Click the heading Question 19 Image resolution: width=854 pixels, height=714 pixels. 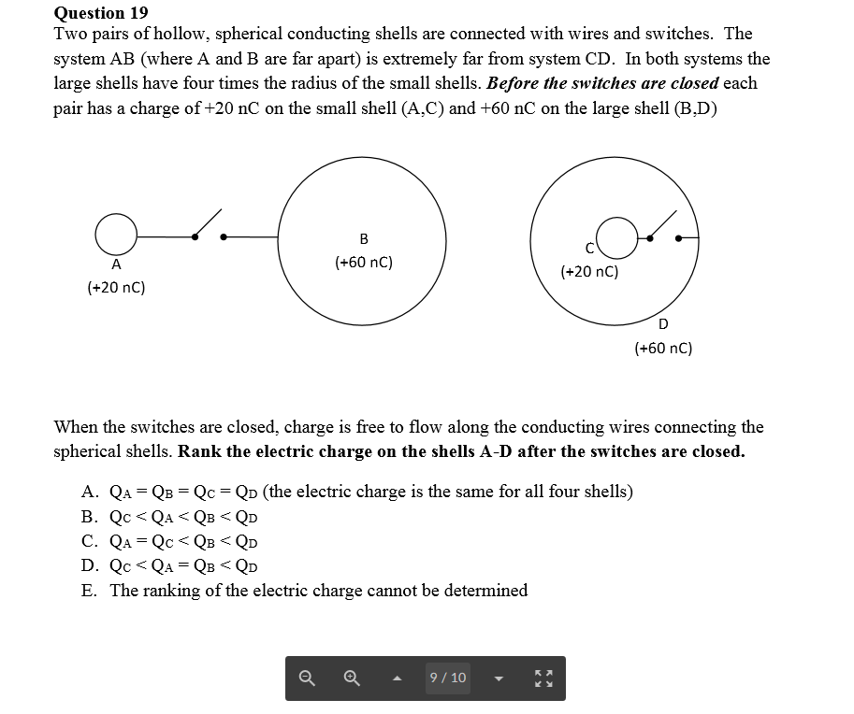coord(101,12)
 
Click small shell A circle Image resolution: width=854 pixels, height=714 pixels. coord(115,234)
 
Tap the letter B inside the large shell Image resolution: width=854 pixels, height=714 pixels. coord(364,238)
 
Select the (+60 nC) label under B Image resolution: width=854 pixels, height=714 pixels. coord(364,263)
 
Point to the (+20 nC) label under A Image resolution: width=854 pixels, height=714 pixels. coord(116,288)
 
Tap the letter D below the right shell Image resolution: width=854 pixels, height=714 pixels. coord(663,324)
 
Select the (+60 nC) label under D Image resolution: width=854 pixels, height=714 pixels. coord(663,349)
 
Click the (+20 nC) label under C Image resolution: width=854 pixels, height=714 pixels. coord(589,272)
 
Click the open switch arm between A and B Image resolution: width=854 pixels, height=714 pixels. coord(208,223)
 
